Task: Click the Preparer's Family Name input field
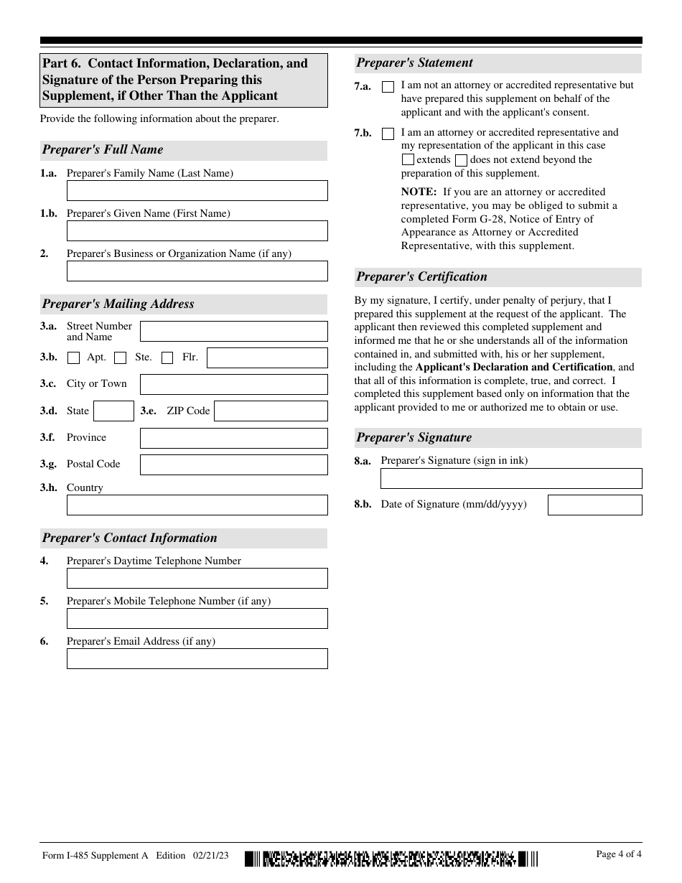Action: [x=197, y=190]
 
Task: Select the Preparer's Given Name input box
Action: [x=197, y=230]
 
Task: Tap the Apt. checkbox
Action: [x=73, y=358]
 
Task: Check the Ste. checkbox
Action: [x=121, y=358]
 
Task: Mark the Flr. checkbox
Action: [x=167, y=358]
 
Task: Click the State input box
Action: [x=113, y=411]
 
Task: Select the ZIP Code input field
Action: [x=271, y=411]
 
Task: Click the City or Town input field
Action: [x=233, y=384]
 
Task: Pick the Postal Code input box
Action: [x=233, y=464]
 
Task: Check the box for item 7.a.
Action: [x=388, y=87]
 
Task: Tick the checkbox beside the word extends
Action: [x=408, y=160]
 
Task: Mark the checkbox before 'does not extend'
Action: [x=462, y=160]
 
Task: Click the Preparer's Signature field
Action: [x=511, y=478]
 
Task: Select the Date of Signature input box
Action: [x=594, y=505]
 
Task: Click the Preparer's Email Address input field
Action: [x=197, y=658]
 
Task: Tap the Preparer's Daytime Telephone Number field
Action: [x=197, y=578]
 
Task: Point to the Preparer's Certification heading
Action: [x=422, y=277]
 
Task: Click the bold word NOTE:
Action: [x=419, y=192]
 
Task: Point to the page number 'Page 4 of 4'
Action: [x=619, y=854]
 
